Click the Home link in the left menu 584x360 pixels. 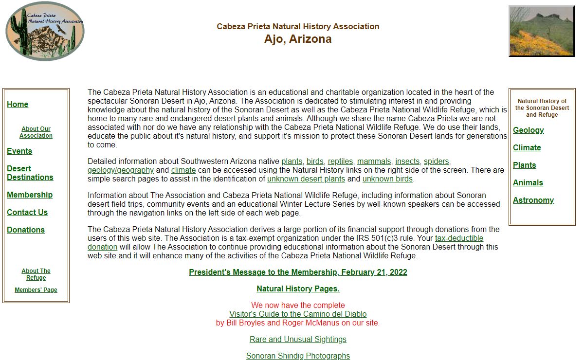click(x=18, y=105)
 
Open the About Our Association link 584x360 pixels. click(x=36, y=132)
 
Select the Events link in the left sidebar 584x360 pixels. click(x=19, y=151)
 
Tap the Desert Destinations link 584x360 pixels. click(x=30, y=173)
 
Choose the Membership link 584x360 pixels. click(x=30, y=195)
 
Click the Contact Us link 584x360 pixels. click(x=27, y=213)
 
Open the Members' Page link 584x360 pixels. click(x=36, y=290)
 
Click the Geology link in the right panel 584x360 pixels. click(x=528, y=130)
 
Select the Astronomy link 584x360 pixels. click(x=533, y=200)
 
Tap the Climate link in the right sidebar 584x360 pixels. click(x=527, y=148)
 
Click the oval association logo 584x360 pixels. click(x=45, y=31)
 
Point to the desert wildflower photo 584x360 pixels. click(x=541, y=31)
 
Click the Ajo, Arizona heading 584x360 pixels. click(x=298, y=39)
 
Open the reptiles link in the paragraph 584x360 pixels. click(x=340, y=162)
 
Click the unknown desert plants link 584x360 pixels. click(x=306, y=179)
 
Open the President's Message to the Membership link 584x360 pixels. click(x=298, y=272)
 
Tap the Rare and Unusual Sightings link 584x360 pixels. click(x=298, y=340)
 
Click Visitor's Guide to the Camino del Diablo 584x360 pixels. click(x=298, y=314)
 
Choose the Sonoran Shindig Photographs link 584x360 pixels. click(x=298, y=356)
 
